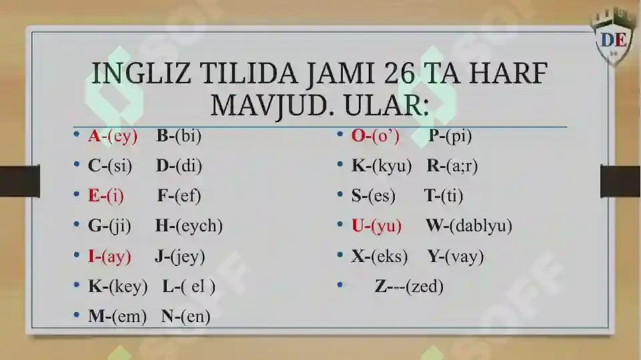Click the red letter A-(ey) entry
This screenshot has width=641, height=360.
click(113, 136)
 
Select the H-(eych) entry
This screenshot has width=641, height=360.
click(189, 226)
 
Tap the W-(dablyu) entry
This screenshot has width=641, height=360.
click(468, 226)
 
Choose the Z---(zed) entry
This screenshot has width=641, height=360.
click(409, 287)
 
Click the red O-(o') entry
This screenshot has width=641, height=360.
click(376, 136)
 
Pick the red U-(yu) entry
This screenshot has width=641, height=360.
click(377, 226)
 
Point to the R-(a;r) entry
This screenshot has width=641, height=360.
click(452, 166)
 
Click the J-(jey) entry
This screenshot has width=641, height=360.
click(179, 256)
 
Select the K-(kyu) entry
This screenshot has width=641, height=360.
click(382, 166)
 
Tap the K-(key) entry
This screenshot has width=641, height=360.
click(117, 287)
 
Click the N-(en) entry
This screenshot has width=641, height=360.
click(185, 317)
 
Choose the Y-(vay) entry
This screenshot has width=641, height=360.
click(456, 256)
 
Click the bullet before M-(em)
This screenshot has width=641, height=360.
click(77, 317)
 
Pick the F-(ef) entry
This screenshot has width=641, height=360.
click(179, 196)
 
